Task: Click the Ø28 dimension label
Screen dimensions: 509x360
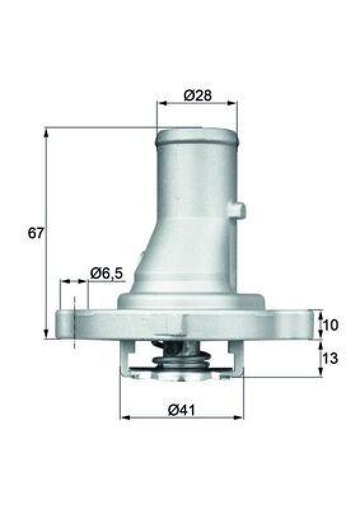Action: (197, 95)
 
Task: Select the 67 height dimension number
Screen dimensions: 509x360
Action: (36, 233)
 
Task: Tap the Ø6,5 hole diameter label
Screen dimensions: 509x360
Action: (106, 273)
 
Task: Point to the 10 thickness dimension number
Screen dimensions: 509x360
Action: (331, 325)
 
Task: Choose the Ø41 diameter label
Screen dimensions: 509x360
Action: (181, 410)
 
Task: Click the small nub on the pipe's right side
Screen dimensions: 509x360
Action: (239, 209)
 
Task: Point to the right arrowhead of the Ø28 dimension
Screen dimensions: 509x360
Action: (233, 104)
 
